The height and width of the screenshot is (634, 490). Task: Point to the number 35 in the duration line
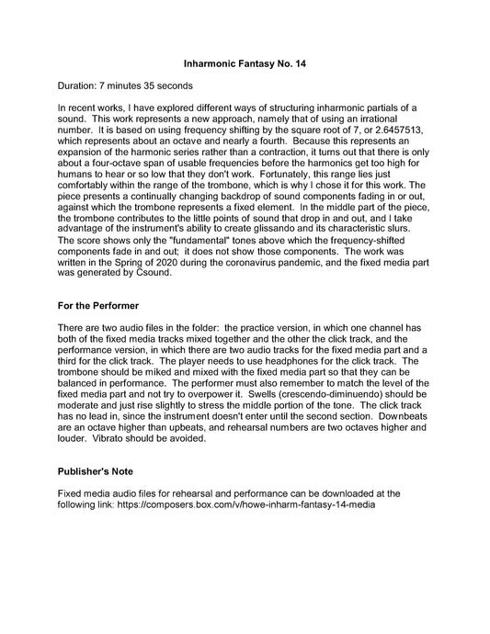(x=143, y=85)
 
